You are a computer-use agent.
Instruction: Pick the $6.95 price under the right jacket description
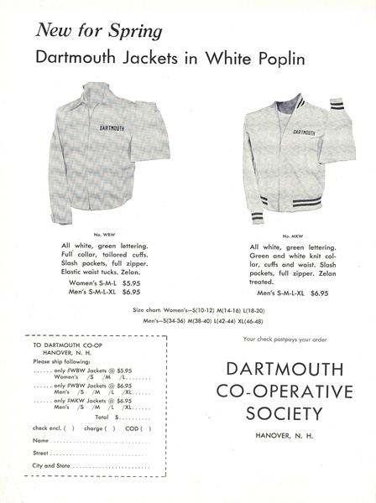point(318,294)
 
